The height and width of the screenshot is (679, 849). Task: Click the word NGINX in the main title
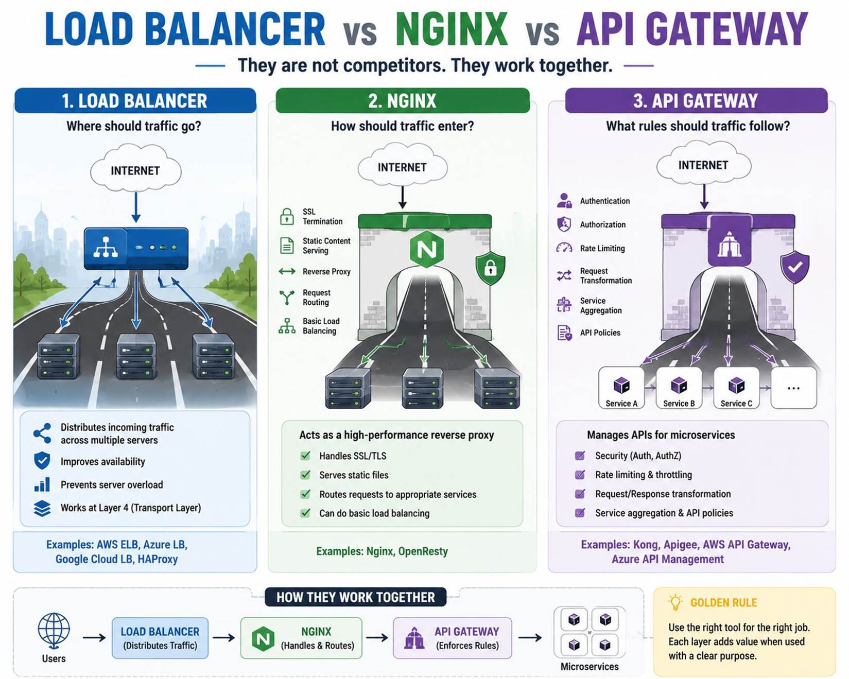click(x=452, y=29)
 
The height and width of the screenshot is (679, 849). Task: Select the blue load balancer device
click(x=136, y=248)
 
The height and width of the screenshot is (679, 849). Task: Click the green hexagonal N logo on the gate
click(x=427, y=249)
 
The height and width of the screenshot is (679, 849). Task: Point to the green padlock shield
click(x=490, y=268)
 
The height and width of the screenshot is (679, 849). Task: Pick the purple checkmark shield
click(x=795, y=267)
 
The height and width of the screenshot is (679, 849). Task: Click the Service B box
click(x=679, y=388)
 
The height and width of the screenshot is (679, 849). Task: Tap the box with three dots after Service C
click(x=793, y=388)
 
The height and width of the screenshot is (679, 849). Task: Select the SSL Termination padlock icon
click(x=287, y=216)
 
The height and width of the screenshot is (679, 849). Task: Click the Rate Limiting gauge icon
click(x=564, y=248)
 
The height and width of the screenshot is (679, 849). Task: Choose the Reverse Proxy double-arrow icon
click(x=287, y=271)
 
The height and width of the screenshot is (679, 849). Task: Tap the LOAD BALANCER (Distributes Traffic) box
click(x=160, y=638)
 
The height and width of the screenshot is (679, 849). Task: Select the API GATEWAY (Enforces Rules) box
click(x=453, y=638)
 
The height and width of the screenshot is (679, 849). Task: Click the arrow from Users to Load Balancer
click(x=94, y=638)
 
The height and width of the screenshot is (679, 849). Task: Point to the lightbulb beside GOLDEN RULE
click(x=675, y=602)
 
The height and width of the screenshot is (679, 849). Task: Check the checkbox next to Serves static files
click(x=305, y=475)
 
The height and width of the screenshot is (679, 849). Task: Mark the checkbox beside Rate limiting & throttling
click(x=580, y=475)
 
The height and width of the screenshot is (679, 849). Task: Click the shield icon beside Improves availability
click(x=42, y=461)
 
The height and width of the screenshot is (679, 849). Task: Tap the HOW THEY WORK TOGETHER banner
click(x=355, y=597)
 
